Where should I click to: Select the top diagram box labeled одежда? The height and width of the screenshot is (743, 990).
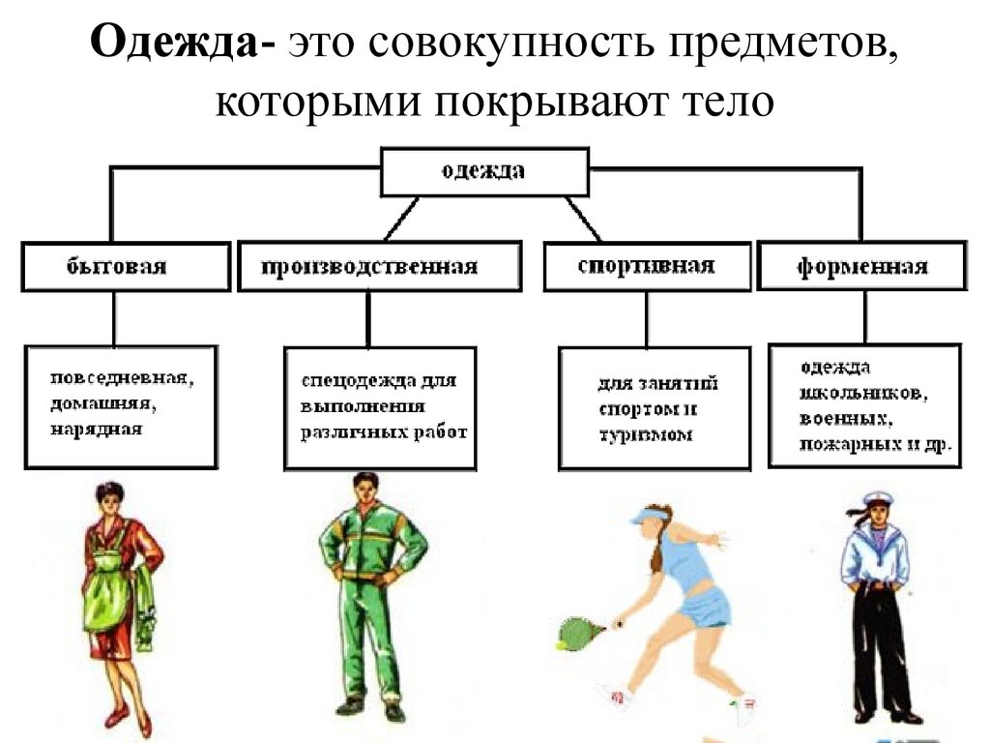coord(483,172)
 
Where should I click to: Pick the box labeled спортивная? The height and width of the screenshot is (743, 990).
coord(646,266)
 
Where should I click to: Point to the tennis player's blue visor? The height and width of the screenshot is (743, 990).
coord(647,517)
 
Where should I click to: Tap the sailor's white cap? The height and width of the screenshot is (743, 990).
coord(876,501)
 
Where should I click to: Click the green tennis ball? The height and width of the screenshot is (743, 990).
coord(560,642)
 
